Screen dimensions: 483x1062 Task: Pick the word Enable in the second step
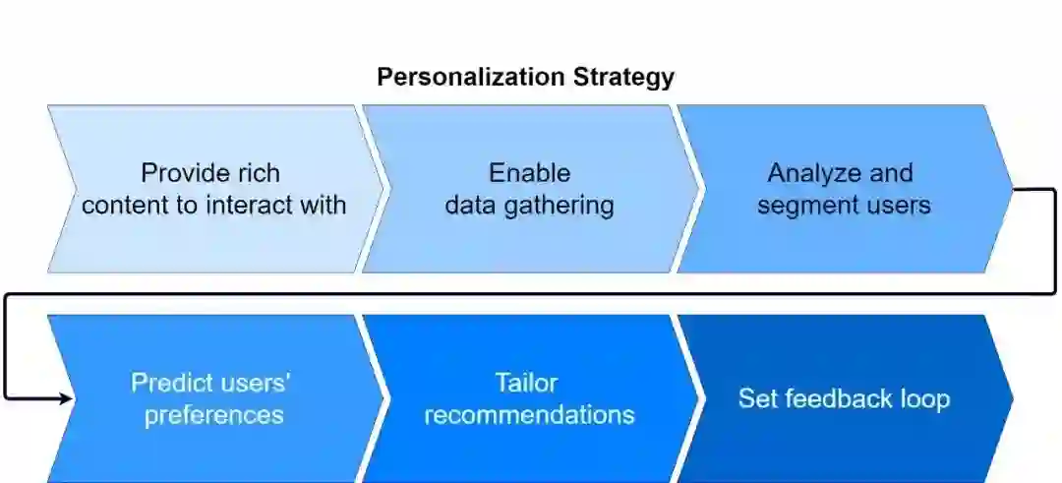pos(529,174)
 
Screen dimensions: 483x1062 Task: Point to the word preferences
pos(213,415)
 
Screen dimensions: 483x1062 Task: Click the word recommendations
pos(529,415)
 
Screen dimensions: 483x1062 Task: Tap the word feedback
pos(839,398)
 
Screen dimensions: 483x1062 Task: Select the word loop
pos(925,398)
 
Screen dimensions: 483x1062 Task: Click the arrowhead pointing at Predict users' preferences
pos(67,398)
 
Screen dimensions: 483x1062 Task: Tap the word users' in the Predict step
pos(256,383)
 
